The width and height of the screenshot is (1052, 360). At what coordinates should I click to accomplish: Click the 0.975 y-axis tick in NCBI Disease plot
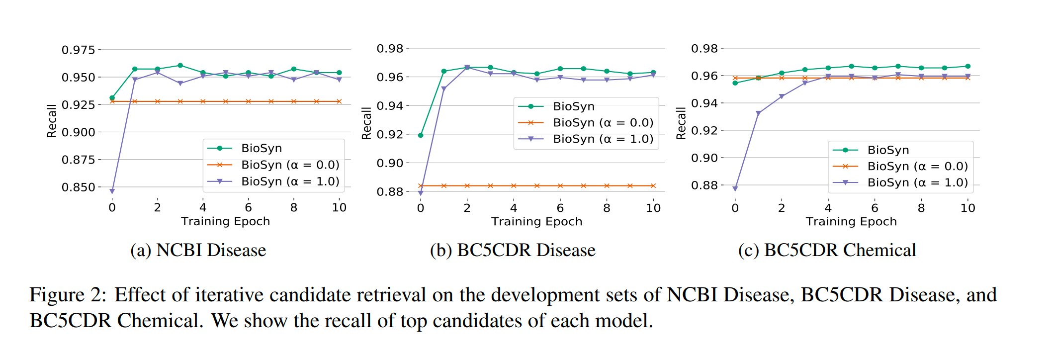(78, 50)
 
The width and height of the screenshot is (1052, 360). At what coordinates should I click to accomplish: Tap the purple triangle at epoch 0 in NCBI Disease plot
(112, 191)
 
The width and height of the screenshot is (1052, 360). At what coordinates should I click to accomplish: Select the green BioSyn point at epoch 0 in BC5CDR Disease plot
(421, 135)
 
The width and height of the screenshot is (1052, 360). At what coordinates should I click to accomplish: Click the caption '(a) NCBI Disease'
(198, 250)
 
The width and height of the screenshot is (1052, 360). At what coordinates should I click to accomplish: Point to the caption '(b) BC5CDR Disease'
(513, 250)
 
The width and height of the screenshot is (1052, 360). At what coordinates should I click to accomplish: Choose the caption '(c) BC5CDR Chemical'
(827, 250)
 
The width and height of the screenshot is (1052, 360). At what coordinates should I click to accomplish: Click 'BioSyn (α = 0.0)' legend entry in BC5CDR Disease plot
(603, 122)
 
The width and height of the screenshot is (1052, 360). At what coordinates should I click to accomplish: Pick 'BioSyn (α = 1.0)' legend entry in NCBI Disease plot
(290, 181)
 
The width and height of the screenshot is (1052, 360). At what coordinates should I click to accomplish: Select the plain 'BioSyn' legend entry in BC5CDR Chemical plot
(888, 150)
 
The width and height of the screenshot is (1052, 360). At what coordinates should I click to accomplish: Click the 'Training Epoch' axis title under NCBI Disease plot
(225, 221)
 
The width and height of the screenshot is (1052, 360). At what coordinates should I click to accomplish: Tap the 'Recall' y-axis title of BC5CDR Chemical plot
(681, 123)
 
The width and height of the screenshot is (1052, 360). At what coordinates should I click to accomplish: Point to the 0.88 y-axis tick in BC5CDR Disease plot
(390, 191)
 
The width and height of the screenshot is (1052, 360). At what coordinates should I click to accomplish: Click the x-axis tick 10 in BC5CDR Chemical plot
(967, 208)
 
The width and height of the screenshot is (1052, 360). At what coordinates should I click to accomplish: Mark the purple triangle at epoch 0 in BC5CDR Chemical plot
(735, 188)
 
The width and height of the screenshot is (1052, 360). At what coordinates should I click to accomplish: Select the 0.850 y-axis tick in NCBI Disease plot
(78, 187)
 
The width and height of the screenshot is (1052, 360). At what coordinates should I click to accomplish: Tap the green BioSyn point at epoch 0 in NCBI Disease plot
(112, 98)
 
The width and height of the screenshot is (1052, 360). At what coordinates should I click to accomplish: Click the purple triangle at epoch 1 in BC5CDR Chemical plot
(758, 114)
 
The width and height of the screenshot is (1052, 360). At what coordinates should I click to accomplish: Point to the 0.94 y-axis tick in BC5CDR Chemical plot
(704, 103)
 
